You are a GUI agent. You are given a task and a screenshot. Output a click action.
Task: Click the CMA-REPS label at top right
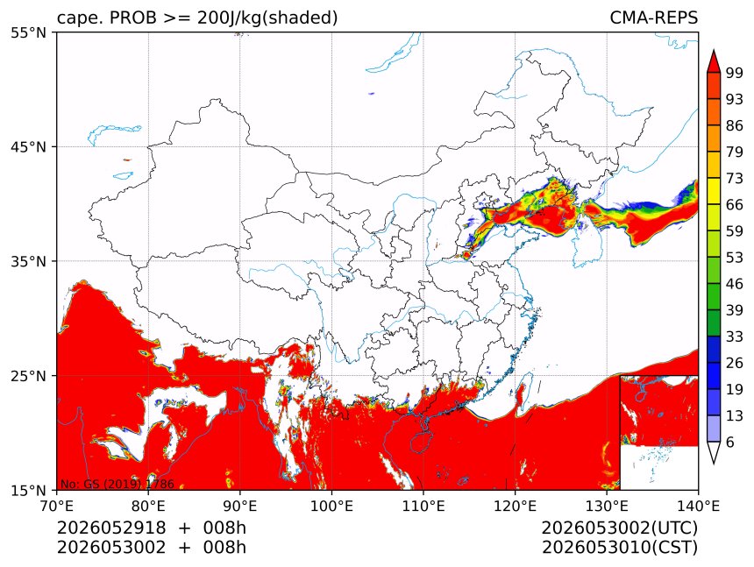653,18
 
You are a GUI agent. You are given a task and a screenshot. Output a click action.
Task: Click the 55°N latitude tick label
28,33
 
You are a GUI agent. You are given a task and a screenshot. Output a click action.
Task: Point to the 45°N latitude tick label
28,147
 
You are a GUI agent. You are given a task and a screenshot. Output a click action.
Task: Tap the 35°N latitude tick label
28,262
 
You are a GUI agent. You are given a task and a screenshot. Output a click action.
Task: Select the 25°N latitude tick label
28,376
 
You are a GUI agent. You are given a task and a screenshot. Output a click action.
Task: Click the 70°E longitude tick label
57,506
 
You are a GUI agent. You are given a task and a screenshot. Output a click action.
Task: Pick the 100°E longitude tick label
331,506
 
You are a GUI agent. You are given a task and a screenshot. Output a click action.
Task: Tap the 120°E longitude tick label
515,506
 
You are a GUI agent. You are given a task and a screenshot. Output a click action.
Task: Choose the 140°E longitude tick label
698,506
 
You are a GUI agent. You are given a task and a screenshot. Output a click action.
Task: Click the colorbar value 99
735,73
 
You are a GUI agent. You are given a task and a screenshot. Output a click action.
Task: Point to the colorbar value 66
735,205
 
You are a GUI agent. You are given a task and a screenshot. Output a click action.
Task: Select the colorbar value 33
735,337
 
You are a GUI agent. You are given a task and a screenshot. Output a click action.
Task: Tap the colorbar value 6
730,442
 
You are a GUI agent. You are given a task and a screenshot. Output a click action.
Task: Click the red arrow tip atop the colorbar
713,49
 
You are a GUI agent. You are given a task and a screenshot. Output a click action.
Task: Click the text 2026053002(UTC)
619,528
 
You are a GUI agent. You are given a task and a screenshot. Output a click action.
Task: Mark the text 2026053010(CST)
619,548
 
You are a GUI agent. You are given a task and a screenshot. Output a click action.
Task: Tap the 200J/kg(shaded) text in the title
267,18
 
